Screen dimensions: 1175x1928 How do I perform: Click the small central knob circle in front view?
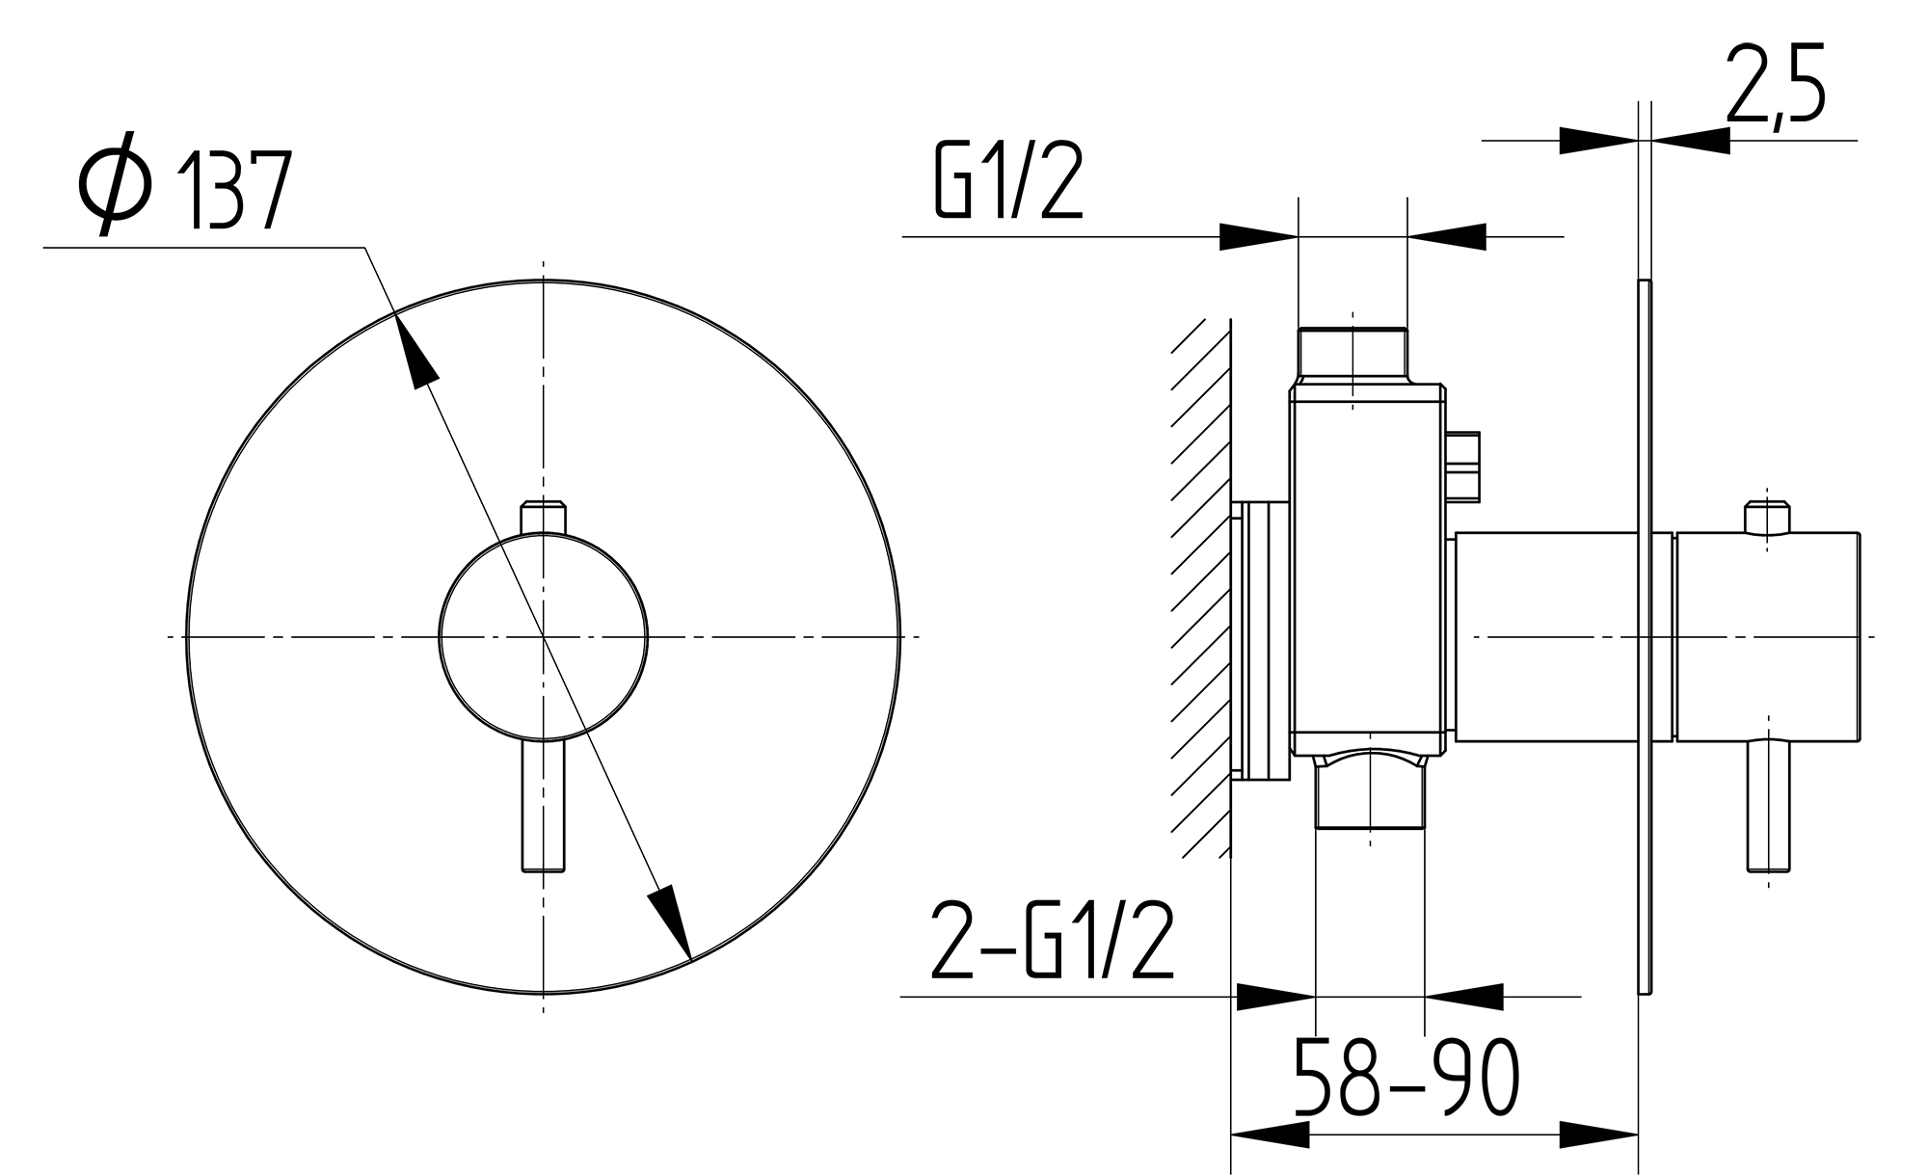[544, 636]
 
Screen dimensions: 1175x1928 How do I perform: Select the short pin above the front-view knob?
[544, 516]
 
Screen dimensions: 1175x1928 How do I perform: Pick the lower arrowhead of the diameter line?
[672, 921]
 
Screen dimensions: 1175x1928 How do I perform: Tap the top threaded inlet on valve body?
[1352, 355]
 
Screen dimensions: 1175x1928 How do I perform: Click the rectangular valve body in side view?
[1367, 569]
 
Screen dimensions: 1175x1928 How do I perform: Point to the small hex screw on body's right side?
[1463, 467]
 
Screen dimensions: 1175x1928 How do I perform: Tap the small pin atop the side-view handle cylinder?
[1768, 519]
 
